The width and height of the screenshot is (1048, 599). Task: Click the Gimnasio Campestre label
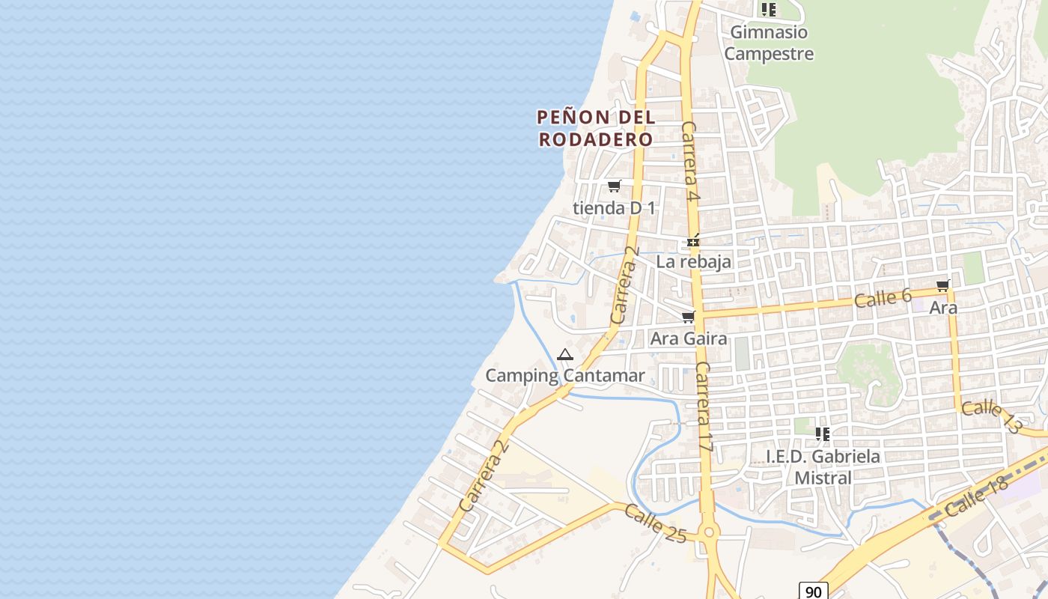[x=768, y=43]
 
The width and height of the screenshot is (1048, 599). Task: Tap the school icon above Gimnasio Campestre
[x=768, y=10]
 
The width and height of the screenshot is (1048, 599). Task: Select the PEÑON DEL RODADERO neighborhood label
[x=596, y=128]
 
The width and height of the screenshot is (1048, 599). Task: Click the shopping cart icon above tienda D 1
[x=614, y=186]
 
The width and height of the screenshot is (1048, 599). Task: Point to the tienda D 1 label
[x=614, y=207]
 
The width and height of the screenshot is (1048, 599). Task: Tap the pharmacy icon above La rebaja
[x=693, y=241]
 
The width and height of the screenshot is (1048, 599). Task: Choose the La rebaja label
[x=693, y=262]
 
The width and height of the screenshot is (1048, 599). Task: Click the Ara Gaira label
[x=688, y=338]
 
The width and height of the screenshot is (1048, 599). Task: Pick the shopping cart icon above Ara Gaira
[x=688, y=317]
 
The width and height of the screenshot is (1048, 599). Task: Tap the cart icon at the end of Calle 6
[x=942, y=285]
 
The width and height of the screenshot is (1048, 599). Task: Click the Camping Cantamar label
[x=565, y=375]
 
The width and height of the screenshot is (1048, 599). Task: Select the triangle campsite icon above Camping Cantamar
[x=565, y=354]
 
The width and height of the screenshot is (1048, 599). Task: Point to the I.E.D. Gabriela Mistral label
[x=823, y=466]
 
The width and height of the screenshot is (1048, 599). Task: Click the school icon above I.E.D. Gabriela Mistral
[x=823, y=434]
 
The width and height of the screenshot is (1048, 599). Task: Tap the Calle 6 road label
[x=883, y=299]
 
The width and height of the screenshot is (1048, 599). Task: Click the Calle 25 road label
[x=655, y=523]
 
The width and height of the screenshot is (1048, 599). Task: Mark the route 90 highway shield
[x=813, y=591]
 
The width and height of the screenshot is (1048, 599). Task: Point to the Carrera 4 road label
[x=690, y=162]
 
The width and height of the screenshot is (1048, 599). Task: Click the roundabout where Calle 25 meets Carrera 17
[x=708, y=532]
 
